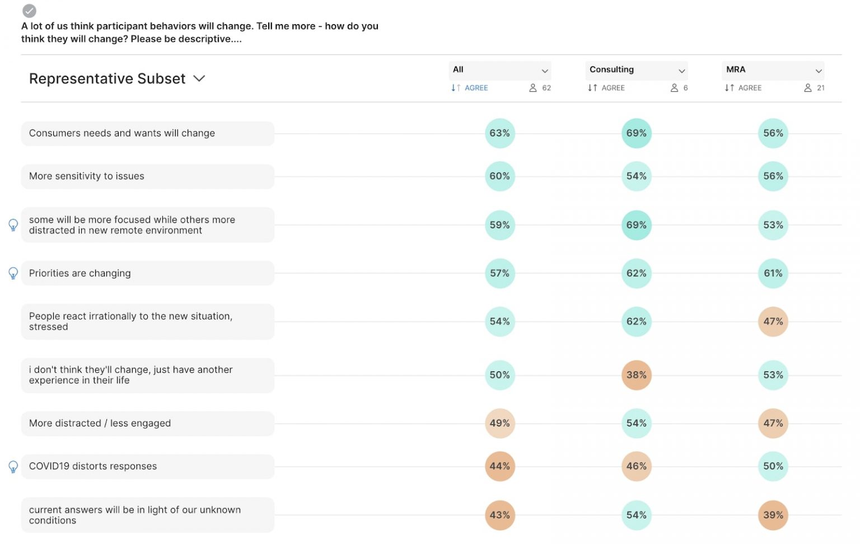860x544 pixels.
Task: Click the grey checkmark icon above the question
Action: [x=29, y=11]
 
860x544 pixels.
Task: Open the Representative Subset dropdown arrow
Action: [x=199, y=79]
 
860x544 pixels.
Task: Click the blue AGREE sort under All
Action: [x=470, y=88]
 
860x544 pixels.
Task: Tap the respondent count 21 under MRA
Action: [x=815, y=88]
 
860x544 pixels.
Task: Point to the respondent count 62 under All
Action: [x=541, y=88]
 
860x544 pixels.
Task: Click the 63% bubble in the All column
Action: [x=499, y=133]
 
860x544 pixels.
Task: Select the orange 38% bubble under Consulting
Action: [x=636, y=375]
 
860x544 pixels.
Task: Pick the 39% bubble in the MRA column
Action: [x=773, y=515]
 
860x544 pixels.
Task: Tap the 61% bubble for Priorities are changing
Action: [x=773, y=273]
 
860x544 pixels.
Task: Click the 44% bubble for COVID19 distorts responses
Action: [x=499, y=466]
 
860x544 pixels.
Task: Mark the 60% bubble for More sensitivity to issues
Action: [x=499, y=176]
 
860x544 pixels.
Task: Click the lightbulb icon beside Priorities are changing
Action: [x=13, y=273]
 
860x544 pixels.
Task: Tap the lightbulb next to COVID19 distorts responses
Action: [x=13, y=467]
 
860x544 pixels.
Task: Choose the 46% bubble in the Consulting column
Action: [x=636, y=466]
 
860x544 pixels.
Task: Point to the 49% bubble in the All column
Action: [x=499, y=424]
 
